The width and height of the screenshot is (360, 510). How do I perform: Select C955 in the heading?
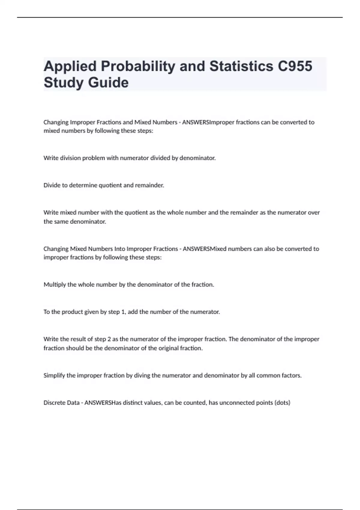(x=295, y=66)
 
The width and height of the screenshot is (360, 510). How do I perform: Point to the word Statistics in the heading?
(x=241, y=66)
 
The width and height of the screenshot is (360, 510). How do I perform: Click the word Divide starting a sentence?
(x=52, y=185)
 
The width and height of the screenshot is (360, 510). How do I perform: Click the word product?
(x=71, y=312)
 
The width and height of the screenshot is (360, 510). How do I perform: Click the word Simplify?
(x=54, y=375)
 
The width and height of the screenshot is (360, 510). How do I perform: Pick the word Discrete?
(x=53, y=403)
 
